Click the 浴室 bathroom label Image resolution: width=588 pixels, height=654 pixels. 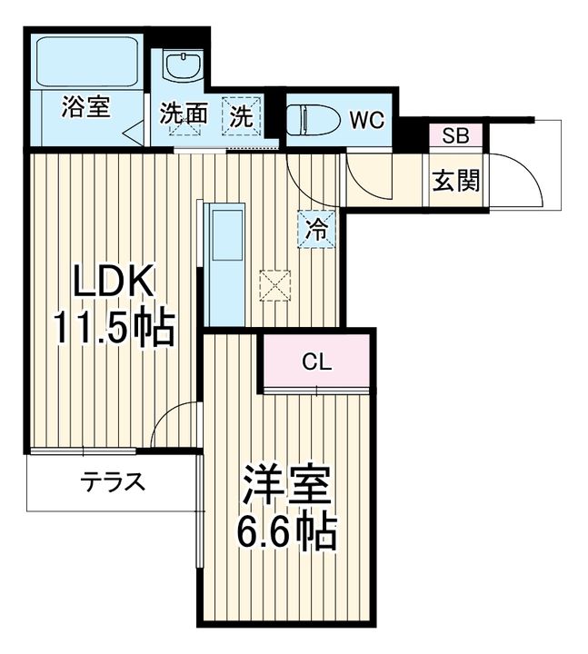85,107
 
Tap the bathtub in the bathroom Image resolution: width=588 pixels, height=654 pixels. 86,62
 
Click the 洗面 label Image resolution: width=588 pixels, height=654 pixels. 185,115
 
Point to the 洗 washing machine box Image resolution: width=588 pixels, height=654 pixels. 242,115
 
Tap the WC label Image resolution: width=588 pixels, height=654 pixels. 366,120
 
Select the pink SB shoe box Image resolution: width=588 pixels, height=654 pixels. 455,136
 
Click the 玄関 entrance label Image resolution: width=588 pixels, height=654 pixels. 455,182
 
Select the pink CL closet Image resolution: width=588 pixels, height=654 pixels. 317,362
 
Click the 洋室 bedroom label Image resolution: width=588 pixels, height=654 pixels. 286,489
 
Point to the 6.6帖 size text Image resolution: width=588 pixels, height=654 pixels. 286,531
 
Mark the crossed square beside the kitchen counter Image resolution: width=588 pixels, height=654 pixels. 273,283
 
